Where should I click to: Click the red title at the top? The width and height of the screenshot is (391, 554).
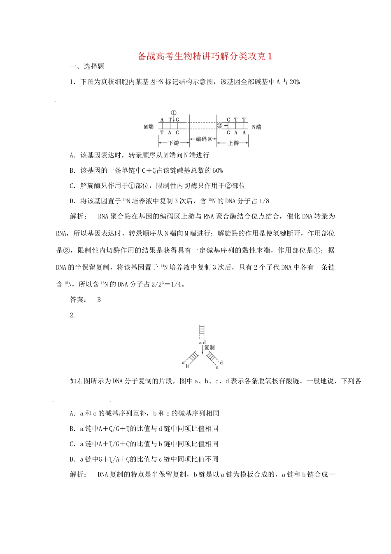point(205,56)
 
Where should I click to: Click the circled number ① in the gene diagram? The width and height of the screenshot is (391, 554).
point(173,113)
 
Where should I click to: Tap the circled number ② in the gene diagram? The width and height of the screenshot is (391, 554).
point(220,125)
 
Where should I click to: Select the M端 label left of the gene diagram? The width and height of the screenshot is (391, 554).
point(149,127)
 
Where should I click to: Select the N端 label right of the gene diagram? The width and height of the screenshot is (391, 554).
point(256,127)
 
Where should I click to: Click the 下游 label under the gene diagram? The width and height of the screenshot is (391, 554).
point(174,143)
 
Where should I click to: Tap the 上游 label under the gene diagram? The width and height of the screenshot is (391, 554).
point(233,143)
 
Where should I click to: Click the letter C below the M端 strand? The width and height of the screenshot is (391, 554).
point(177,133)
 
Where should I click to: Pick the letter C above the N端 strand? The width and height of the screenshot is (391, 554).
point(228,120)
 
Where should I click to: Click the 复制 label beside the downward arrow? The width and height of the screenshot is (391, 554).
point(209,347)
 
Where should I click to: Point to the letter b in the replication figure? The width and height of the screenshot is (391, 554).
point(187,366)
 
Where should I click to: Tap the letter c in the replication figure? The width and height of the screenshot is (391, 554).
point(217,367)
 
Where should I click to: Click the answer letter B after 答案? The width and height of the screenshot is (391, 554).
point(99,300)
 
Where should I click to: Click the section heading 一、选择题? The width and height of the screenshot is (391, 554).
point(87,66)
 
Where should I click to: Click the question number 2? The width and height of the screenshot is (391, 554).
point(72,315)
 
